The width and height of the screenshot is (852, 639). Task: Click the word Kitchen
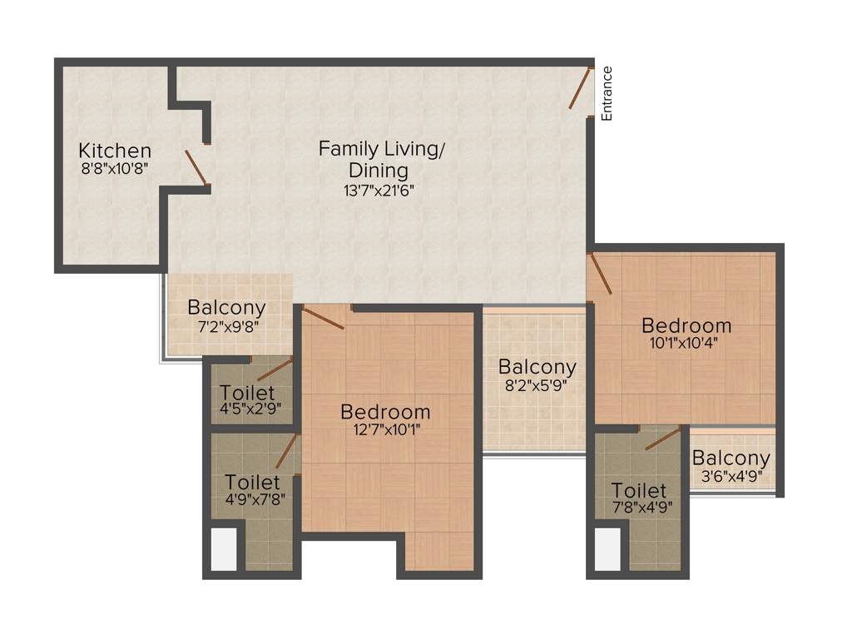[x=115, y=151]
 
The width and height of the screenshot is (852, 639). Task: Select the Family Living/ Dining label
[x=382, y=159]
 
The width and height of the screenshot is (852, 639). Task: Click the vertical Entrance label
[x=607, y=93]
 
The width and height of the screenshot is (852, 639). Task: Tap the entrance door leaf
[x=581, y=88]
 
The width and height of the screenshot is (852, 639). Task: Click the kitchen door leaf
[x=196, y=166]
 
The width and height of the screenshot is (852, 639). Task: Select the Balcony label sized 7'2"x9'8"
[x=226, y=307]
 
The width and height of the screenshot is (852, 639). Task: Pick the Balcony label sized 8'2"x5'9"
[x=537, y=366]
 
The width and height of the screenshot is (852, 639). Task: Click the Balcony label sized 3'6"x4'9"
[x=731, y=458]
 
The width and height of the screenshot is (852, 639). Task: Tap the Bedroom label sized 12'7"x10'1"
[x=386, y=411]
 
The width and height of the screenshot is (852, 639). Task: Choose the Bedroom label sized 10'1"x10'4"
[x=686, y=324]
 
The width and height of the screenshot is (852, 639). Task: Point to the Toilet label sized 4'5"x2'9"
[x=249, y=392]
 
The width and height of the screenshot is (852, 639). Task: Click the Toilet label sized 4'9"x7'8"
[x=253, y=482]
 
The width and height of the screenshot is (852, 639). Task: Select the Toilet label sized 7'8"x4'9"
[x=639, y=490]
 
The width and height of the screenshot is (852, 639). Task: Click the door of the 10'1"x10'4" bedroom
[x=600, y=274]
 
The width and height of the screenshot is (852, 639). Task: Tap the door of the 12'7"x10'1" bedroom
[x=324, y=318]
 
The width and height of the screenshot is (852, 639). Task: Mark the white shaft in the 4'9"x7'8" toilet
[x=223, y=549]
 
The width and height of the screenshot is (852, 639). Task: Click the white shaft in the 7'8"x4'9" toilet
[x=607, y=549]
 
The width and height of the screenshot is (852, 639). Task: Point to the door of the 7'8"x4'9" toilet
[x=663, y=438]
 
